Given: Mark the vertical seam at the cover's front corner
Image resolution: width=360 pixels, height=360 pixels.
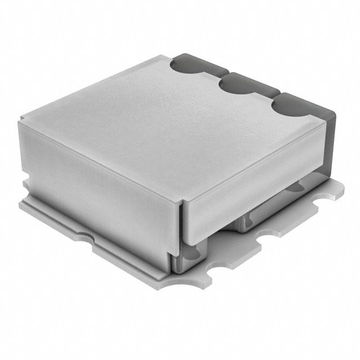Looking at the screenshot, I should pyautogui.click(x=181, y=225).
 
